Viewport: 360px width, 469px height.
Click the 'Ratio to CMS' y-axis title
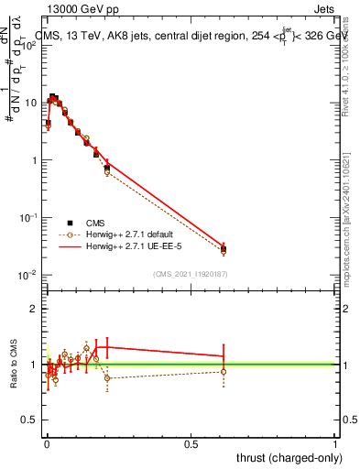pyautogui.click(x=13, y=365)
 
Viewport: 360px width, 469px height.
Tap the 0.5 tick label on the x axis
pyautogui.click(x=191, y=443)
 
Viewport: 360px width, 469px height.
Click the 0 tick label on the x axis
pyautogui.click(x=47, y=443)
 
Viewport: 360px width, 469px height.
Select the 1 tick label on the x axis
pyautogui.click(x=335, y=443)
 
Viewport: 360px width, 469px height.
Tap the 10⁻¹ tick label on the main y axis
pyautogui.click(x=28, y=218)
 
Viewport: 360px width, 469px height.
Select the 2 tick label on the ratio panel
pyautogui.click(x=34, y=309)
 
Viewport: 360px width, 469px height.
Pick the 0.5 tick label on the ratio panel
pyautogui.click(x=30, y=420)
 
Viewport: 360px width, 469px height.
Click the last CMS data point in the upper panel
pyautogui.click(x=224, y=249)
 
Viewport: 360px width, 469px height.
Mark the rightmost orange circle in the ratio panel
pyautogui.click(x=224, y=371)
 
